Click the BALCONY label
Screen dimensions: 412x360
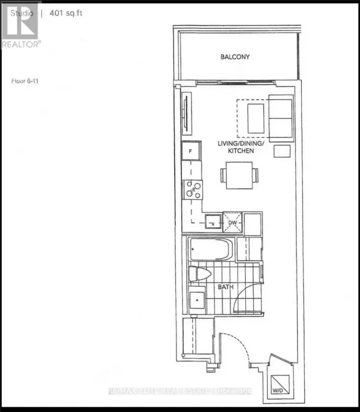click(235, 57)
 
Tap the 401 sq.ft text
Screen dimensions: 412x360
click(66, 13)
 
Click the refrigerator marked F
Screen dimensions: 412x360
click(190, 151)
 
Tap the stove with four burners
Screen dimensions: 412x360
click(193, 189)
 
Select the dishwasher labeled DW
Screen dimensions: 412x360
click(232, 223)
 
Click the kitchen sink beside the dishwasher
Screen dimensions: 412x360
click(213, 222)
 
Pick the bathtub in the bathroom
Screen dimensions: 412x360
click(210, 249)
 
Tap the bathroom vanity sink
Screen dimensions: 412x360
click(196, 298)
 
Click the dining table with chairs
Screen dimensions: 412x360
click(239, 174)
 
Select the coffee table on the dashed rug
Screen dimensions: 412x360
click(256, 118)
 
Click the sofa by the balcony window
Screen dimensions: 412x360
click(281, 118)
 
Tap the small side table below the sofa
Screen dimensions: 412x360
click(282, 151)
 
